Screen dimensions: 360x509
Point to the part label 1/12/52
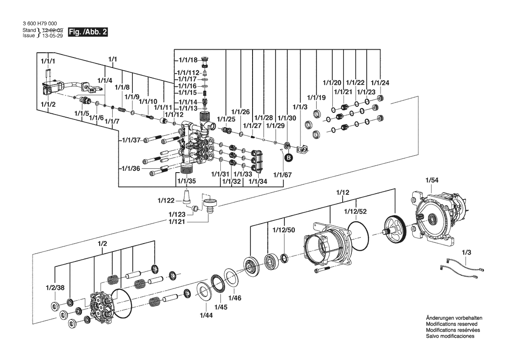pos(355,211)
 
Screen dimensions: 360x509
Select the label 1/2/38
pos(55,288)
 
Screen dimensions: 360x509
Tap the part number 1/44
pos(206,315)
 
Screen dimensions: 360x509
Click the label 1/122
pos(166,200)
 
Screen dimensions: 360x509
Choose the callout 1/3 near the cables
pos(466,252)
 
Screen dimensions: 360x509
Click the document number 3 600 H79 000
pos(39,24)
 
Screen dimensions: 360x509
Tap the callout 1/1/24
pos(380,82)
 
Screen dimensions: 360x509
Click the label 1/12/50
pos(283,230)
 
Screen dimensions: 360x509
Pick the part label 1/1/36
pos(131,169)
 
